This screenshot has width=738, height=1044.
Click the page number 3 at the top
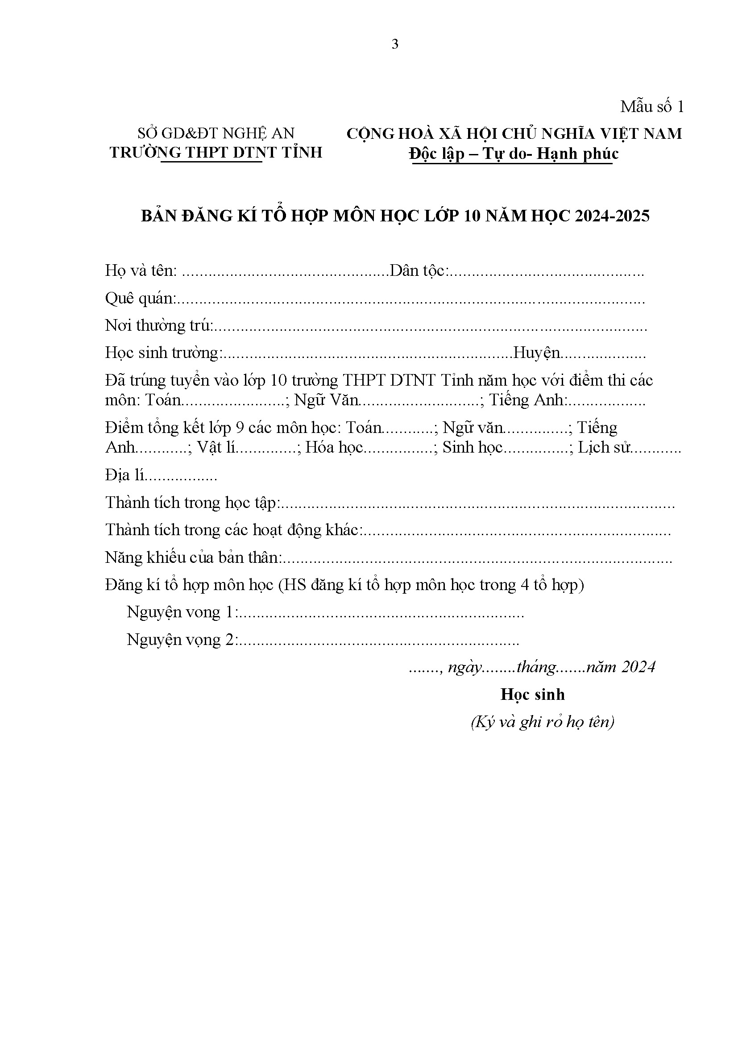(395, 44)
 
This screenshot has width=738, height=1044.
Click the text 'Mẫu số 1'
(651, 107)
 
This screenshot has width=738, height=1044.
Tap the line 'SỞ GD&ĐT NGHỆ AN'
(216, 133)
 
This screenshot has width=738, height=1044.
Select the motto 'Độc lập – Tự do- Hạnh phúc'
(514, 154)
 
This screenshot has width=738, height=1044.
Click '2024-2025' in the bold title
(612, 216)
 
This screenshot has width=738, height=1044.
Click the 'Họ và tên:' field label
(141, 271)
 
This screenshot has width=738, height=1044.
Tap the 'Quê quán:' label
(141, 299)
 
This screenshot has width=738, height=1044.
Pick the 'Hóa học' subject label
(334, 448)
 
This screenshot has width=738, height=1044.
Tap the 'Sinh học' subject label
(473, 448)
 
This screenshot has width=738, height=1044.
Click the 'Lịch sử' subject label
(604, 448)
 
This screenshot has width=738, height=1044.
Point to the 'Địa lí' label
(124, 475)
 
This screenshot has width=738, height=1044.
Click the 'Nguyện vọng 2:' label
(181, 640)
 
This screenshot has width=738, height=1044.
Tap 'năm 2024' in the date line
(621, 667)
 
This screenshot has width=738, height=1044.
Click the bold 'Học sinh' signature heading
(533, 695)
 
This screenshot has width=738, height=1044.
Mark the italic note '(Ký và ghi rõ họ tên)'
(543, 722)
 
